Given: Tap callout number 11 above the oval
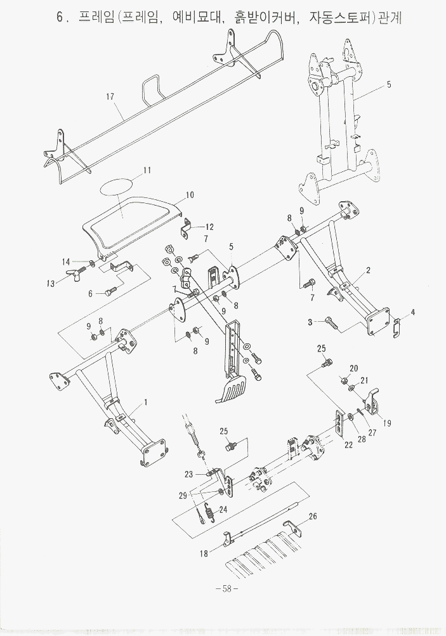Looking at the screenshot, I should [147, 170].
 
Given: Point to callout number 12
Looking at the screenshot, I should [209, 227].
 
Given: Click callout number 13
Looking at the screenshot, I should [51, 284].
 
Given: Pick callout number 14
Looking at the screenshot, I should [66, 262].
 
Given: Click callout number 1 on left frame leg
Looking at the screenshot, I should [145, 402].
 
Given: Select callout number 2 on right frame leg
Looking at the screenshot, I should [368, 270].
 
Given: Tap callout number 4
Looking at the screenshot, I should [412, 312].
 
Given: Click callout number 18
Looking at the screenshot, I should [204, 553].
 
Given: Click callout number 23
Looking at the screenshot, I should [189, 474].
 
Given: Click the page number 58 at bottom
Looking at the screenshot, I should [226, 588].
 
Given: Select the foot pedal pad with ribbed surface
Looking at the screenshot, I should [232, 388].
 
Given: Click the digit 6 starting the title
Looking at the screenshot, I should [60, 17].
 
